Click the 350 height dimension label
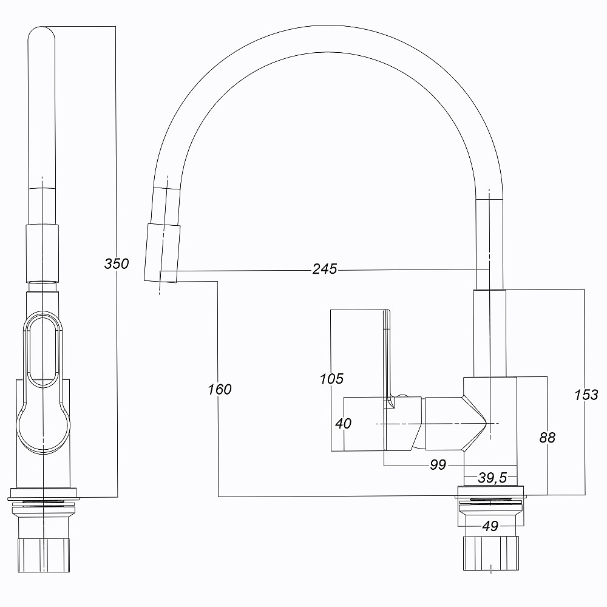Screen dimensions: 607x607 117,263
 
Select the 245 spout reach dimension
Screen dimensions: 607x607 325,269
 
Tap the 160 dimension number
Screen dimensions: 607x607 219,389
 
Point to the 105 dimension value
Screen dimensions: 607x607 331,379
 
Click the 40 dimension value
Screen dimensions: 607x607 344,423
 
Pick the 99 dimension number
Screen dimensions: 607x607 438,465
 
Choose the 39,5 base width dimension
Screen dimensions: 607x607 492,478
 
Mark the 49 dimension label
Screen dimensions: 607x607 490,526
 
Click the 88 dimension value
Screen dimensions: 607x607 547,437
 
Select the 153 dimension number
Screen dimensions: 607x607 586,395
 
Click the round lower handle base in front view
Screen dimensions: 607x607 42,431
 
